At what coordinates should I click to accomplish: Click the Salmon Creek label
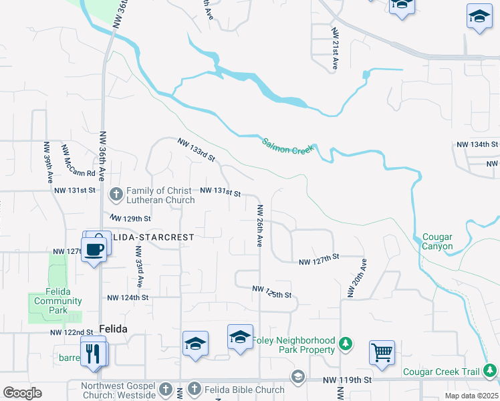tap(287, 146)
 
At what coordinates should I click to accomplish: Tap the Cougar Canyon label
tap(437, 242)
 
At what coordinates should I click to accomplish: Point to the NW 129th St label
tap(130, 219)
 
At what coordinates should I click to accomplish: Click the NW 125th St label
tap(272, 291)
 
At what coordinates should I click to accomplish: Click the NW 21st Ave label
tap(334, 49)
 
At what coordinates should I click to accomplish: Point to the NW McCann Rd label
tap(78, 160)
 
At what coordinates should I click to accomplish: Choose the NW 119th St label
tap(347, 380)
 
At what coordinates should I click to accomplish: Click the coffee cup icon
tap(95, 249)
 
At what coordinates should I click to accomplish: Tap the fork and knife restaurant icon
tap(93, 352)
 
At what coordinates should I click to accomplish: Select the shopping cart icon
tap(382, 352)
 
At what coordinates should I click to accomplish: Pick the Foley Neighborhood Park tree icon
tap(345, 344)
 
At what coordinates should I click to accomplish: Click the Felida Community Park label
tap(58, 301)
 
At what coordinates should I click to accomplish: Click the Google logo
tap(22, 393)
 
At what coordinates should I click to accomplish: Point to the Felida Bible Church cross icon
tap(194, 389)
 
